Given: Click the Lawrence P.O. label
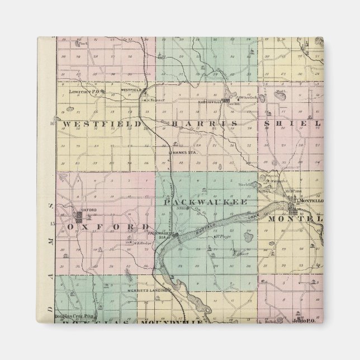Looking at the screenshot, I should (x=84, y=91).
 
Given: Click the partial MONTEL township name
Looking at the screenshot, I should (x=296, y=220).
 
